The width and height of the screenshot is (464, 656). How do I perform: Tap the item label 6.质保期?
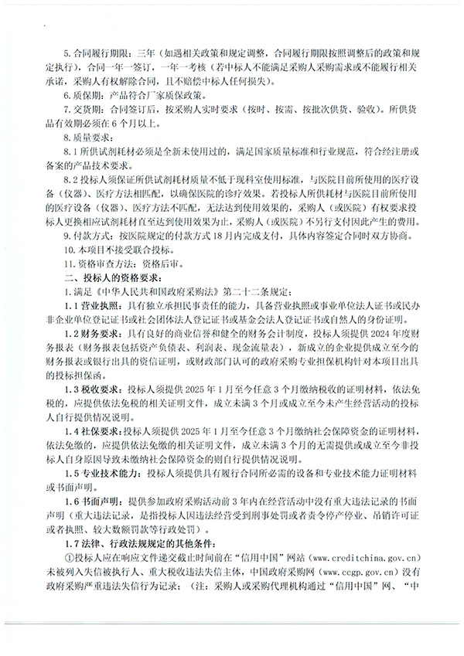82,95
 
